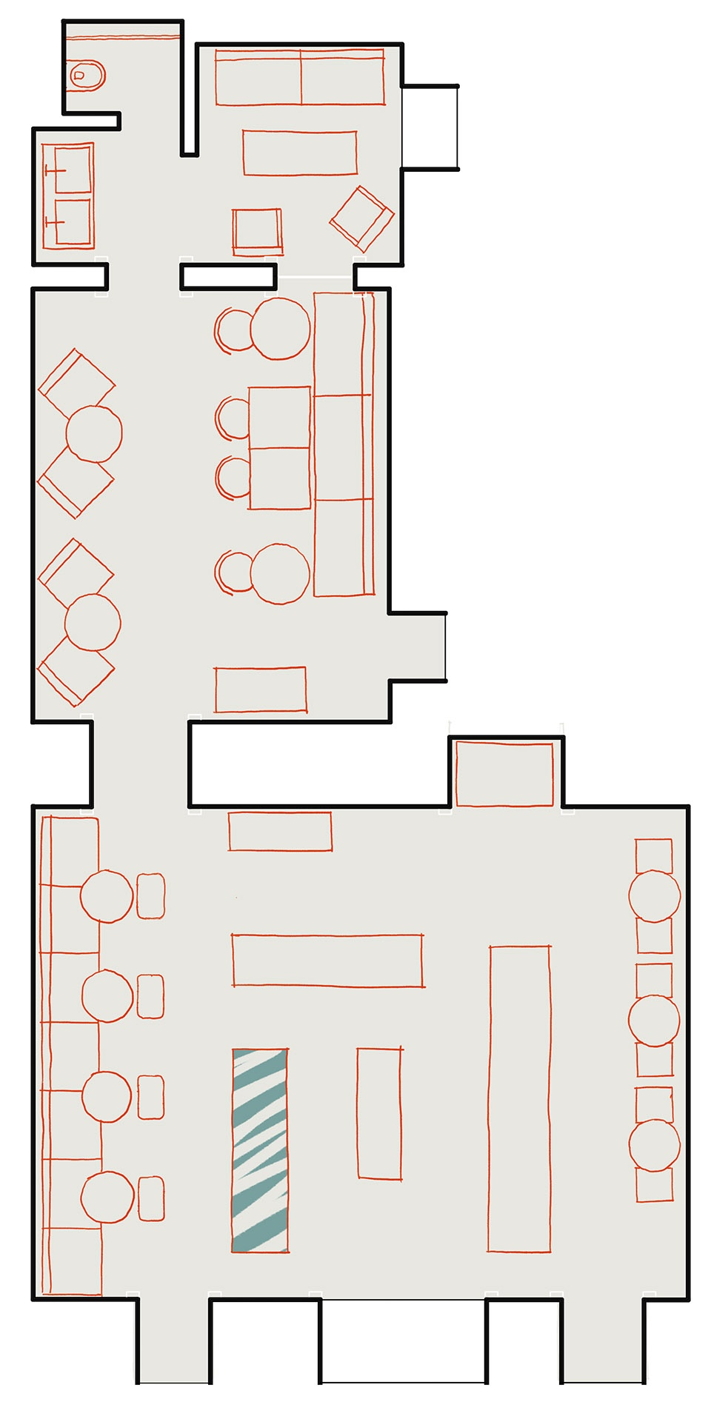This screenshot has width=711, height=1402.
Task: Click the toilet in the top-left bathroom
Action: point(87,75)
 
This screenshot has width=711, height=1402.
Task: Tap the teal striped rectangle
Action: point(260,1149)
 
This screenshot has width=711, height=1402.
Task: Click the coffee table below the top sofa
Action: point(300,153)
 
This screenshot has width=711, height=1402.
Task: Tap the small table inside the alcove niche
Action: point(504,774)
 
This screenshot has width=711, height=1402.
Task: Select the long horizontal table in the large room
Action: point(327,961)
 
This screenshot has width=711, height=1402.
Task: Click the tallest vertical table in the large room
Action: point(519,1098)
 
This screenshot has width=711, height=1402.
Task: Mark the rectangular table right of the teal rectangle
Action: point(379,1112)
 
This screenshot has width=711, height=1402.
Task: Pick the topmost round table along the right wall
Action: point(654,896)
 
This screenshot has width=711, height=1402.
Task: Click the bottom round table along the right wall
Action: point(654,1145)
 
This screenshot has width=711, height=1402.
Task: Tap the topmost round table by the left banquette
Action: point(107,896)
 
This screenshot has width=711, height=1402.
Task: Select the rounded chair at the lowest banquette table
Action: point(151,1198)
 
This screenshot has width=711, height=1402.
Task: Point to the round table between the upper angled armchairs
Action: point(94,433)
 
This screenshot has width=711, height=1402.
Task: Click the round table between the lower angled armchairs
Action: point(93,622)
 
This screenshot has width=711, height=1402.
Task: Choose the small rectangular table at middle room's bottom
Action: point(260,690)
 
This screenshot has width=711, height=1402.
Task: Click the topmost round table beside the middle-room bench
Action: point(280,328)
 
